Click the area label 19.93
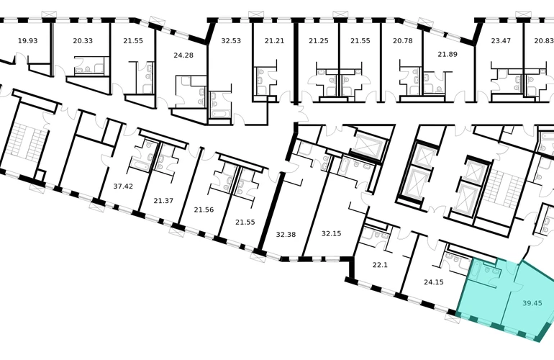click(27, 40)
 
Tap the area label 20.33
click(83, 40)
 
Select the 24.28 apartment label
click(183, 55)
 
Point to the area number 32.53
click(231, 40)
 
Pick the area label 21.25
click(319, 40)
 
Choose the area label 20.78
click(403, 40)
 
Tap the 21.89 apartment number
click(448, 54)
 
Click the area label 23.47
click(501, 40)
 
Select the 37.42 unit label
click(123, 186)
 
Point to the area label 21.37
click(163, 201)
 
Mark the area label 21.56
click(204, 210)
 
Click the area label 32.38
click(286, 235)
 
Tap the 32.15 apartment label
click(332, 233)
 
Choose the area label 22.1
click(380, 264)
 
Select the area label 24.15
click(434, 282)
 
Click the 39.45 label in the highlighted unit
click(532, 302)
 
